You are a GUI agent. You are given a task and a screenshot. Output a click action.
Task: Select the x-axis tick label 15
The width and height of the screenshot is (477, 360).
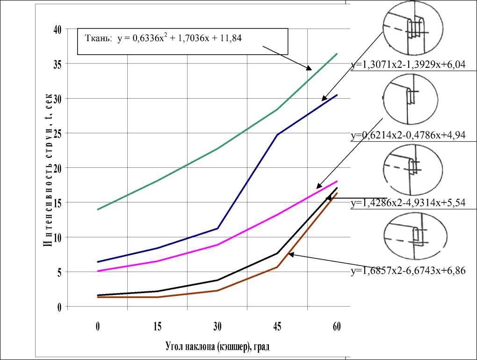tap(158, 327)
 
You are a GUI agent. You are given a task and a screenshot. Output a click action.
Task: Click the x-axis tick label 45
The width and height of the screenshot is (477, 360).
tap(277, 327)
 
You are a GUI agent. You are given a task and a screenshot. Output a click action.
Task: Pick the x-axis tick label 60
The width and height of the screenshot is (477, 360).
tap(337, 327)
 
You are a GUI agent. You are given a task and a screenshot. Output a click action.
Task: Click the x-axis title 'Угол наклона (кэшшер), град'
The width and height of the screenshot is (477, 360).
tap(217, 347)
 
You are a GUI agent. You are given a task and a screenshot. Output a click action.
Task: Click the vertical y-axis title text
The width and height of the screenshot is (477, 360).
tap(48, 168)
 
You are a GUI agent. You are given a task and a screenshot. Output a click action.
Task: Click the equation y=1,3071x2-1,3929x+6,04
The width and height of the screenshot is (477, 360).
tap(408, 65)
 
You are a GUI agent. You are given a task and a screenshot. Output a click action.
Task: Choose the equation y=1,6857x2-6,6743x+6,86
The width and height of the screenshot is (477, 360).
tap(408, 271)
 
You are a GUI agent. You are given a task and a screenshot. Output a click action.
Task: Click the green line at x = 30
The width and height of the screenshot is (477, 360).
tap(217, 149)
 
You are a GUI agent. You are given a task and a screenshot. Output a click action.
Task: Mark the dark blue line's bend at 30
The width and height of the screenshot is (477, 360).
tap(217, 228)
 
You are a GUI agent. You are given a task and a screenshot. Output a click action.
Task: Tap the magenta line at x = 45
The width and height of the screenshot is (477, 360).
tap(277, 215)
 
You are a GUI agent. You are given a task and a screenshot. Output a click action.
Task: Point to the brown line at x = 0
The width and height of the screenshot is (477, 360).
tap(98, 297)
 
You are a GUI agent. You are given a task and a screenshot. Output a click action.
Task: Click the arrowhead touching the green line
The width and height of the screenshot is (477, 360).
tap(309, 68)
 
